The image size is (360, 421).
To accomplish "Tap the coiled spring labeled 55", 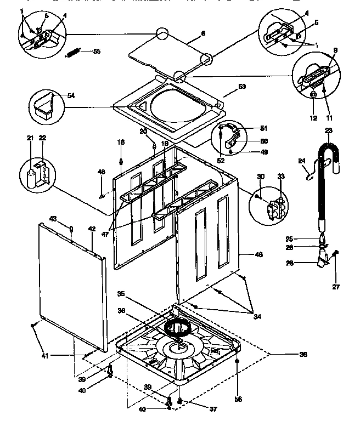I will pos(74,53).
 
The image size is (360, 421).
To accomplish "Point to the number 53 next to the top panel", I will pos(242,86).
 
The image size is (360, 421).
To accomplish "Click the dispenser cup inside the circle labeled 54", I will pos(46,105).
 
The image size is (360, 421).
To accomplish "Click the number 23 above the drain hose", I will pos(329,130).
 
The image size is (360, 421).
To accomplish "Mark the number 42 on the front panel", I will pos(92,229).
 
